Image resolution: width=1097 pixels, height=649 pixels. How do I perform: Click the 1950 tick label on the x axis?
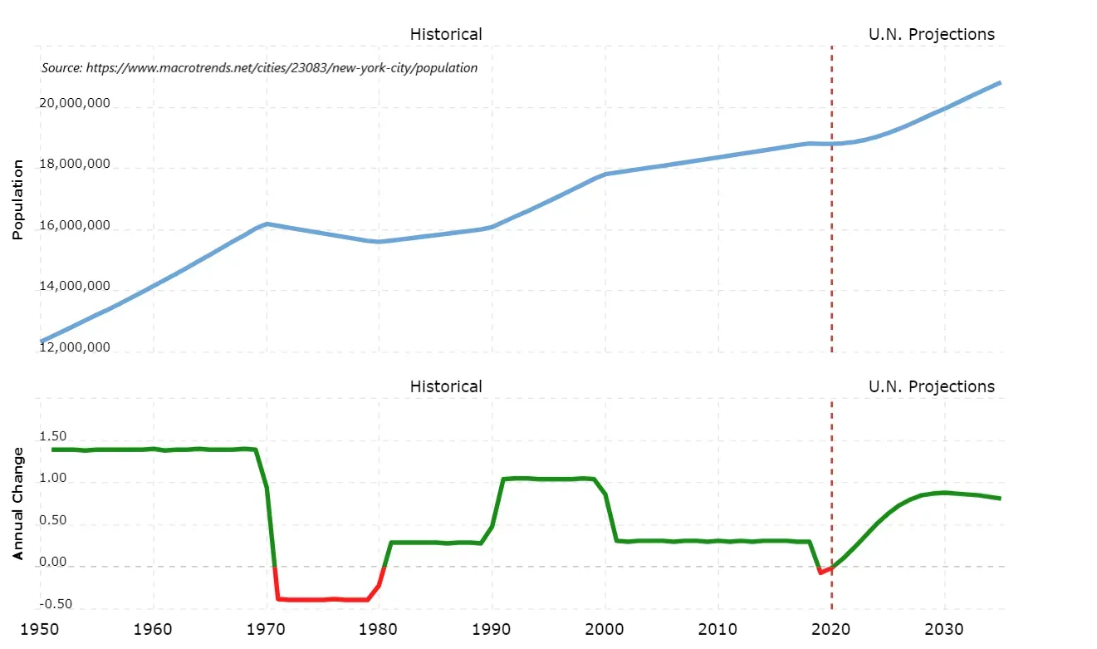coord(40,630)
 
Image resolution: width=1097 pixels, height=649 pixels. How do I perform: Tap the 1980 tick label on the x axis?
coord(379,630)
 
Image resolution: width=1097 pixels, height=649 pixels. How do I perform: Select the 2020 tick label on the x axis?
coord(831,630)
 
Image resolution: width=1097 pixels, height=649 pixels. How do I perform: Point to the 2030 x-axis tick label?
coord(944,630)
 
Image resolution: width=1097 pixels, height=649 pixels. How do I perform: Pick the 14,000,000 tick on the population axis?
coord(75,287)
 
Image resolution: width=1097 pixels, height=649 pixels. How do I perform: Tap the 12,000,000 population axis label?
coord(75,347)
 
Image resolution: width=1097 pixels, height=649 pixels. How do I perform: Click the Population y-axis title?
coord(17,200)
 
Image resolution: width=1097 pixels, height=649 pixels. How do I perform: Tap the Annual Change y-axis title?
coord(17,504)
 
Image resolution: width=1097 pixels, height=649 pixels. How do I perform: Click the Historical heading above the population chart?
coord(446,34)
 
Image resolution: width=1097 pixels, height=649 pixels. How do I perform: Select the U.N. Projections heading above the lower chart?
coord(931,386)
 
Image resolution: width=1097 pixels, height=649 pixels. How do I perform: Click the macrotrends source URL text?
coord(259,68)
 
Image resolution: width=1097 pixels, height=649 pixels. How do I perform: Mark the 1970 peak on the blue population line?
coord(267,224)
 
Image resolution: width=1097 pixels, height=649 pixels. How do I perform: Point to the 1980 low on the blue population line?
coord(379,242)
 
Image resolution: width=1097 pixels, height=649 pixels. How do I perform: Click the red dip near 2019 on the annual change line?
coord(820,572)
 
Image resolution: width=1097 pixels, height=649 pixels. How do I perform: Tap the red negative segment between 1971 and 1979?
coord(324,599)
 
